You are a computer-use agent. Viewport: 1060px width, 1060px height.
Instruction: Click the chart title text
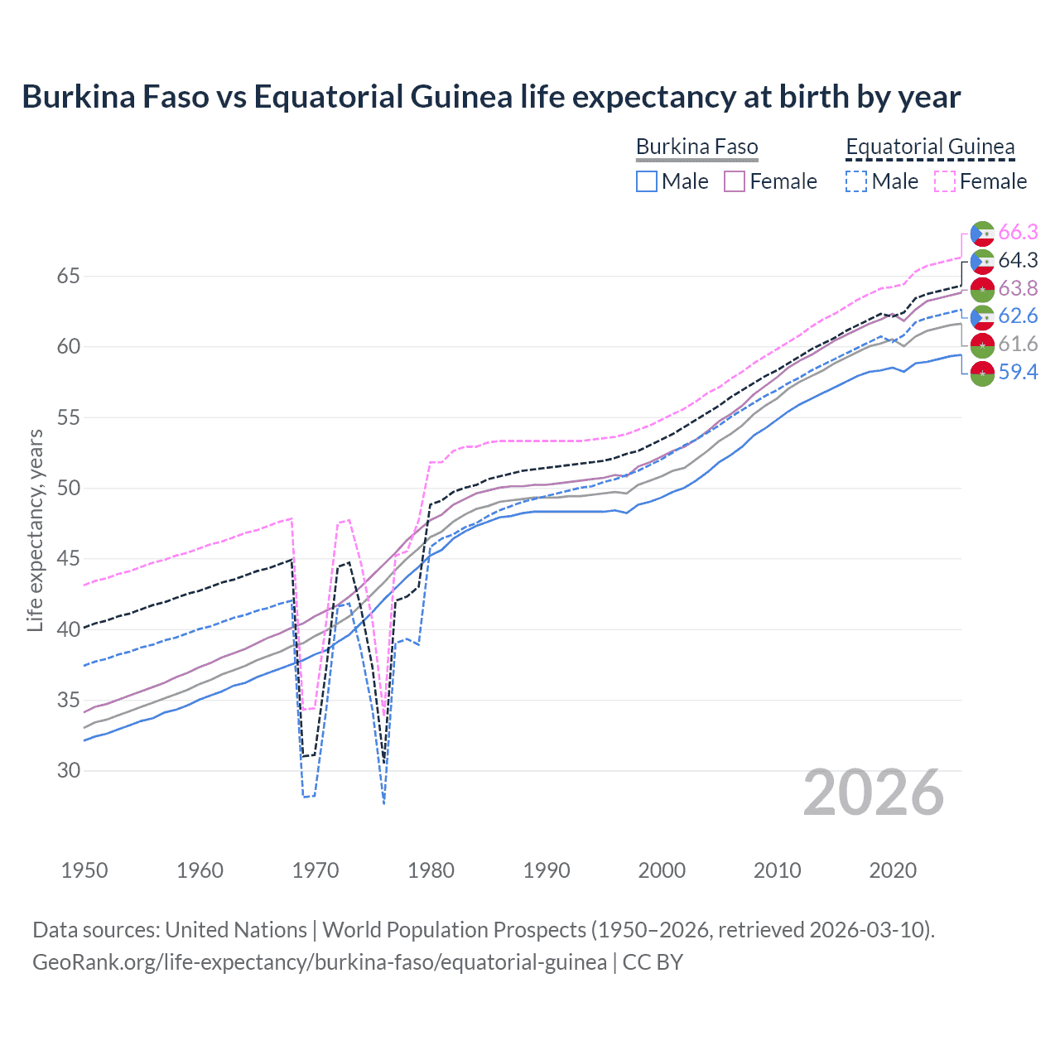(x=491, y=97)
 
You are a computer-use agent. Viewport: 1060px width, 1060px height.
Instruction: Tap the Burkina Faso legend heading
(x=696, y=147)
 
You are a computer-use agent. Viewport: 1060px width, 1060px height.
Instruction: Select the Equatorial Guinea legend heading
(x=929, y=147)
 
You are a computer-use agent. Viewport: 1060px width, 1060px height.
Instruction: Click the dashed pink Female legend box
(x=945, y=181)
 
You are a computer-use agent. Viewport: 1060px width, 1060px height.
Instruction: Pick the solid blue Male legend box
(x=647, y=181)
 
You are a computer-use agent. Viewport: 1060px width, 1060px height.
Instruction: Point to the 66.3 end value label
(x=1018, y=233)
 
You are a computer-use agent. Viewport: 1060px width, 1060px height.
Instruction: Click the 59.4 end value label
(x=1018, y=373)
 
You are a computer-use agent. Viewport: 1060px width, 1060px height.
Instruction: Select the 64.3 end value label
(x=1018, y=261)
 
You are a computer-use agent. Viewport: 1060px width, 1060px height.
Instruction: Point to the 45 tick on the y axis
(x=69, y=559)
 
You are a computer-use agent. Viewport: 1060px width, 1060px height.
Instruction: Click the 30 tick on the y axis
(x=69, y=771)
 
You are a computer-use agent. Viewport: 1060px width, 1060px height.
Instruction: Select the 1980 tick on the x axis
(x=431, y=870)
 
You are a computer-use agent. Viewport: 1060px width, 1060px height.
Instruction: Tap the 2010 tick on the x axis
(x=777, y=870)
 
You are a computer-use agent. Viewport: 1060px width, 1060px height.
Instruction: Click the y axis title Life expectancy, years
(x=35, y=531)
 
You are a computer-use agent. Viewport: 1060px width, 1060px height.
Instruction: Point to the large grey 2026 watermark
(x=873, y=793)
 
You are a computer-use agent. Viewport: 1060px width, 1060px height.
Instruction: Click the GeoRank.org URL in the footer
(x=319, y=962)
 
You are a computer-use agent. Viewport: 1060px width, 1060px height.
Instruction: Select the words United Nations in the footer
(x=236, y=930)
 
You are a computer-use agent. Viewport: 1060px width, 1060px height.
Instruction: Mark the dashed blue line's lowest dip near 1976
(x=384, y=802)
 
